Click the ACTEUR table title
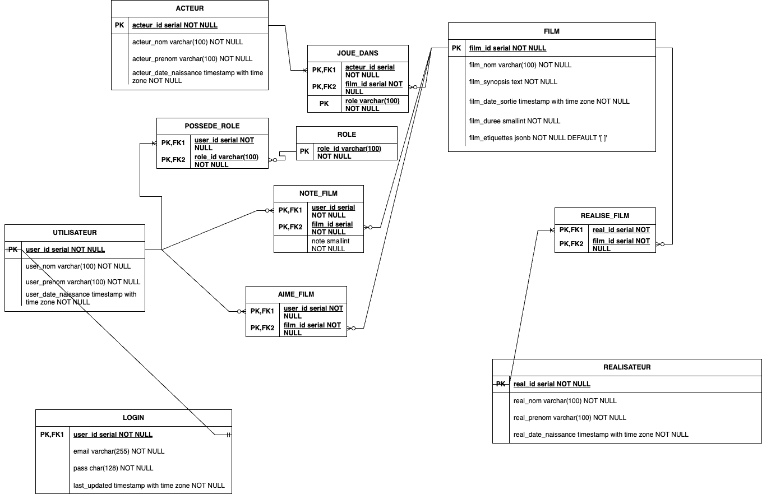[190, 8]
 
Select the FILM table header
[552, 31]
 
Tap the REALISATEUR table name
[627, 367]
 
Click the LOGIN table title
[133, 418]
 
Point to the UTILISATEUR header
[75, 233]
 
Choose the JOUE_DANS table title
[358, 53]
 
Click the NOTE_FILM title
[318, 193]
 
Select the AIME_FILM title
[296, 294]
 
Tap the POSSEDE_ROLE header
[212, 126]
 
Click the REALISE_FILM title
[605, 216]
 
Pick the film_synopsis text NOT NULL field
[513, 82]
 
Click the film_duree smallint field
[514, 121]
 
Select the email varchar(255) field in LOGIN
[119, 451]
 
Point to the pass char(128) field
[113, 468]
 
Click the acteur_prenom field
[192, 59]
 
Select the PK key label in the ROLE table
[304, 151]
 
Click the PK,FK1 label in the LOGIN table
[52, 435]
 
